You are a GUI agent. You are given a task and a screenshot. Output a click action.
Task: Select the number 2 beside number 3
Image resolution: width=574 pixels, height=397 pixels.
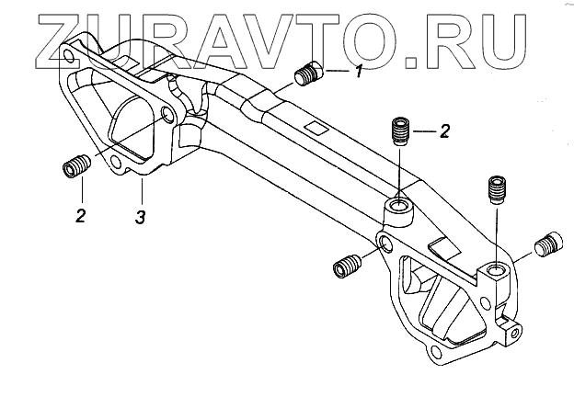(81, 216)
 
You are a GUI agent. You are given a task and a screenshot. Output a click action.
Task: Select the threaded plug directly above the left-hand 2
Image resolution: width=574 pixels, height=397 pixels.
(76, 169)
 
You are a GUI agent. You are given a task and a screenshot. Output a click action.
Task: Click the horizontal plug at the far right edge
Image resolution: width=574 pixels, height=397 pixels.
(548, 246)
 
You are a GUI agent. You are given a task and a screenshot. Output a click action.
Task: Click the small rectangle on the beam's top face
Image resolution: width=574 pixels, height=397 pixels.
(316, 128)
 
